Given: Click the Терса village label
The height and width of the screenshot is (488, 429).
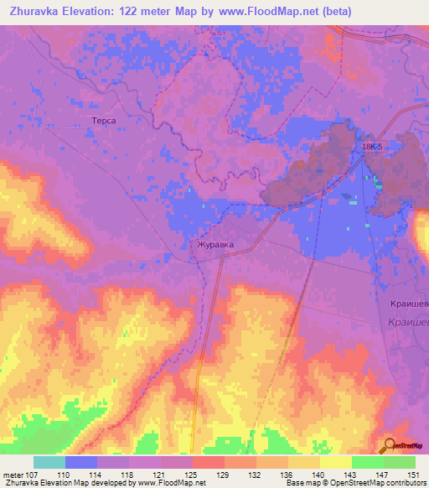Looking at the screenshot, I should (102, 122).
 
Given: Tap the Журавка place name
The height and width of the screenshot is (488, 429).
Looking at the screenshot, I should (214, 246).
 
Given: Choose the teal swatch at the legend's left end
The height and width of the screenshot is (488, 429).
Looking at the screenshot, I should (49, 462).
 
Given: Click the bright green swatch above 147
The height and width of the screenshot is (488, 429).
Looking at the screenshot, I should (367, 462).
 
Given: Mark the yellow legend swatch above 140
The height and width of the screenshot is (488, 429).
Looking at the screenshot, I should (303, 462).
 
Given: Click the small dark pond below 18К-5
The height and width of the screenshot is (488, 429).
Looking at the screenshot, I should (346, 199).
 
